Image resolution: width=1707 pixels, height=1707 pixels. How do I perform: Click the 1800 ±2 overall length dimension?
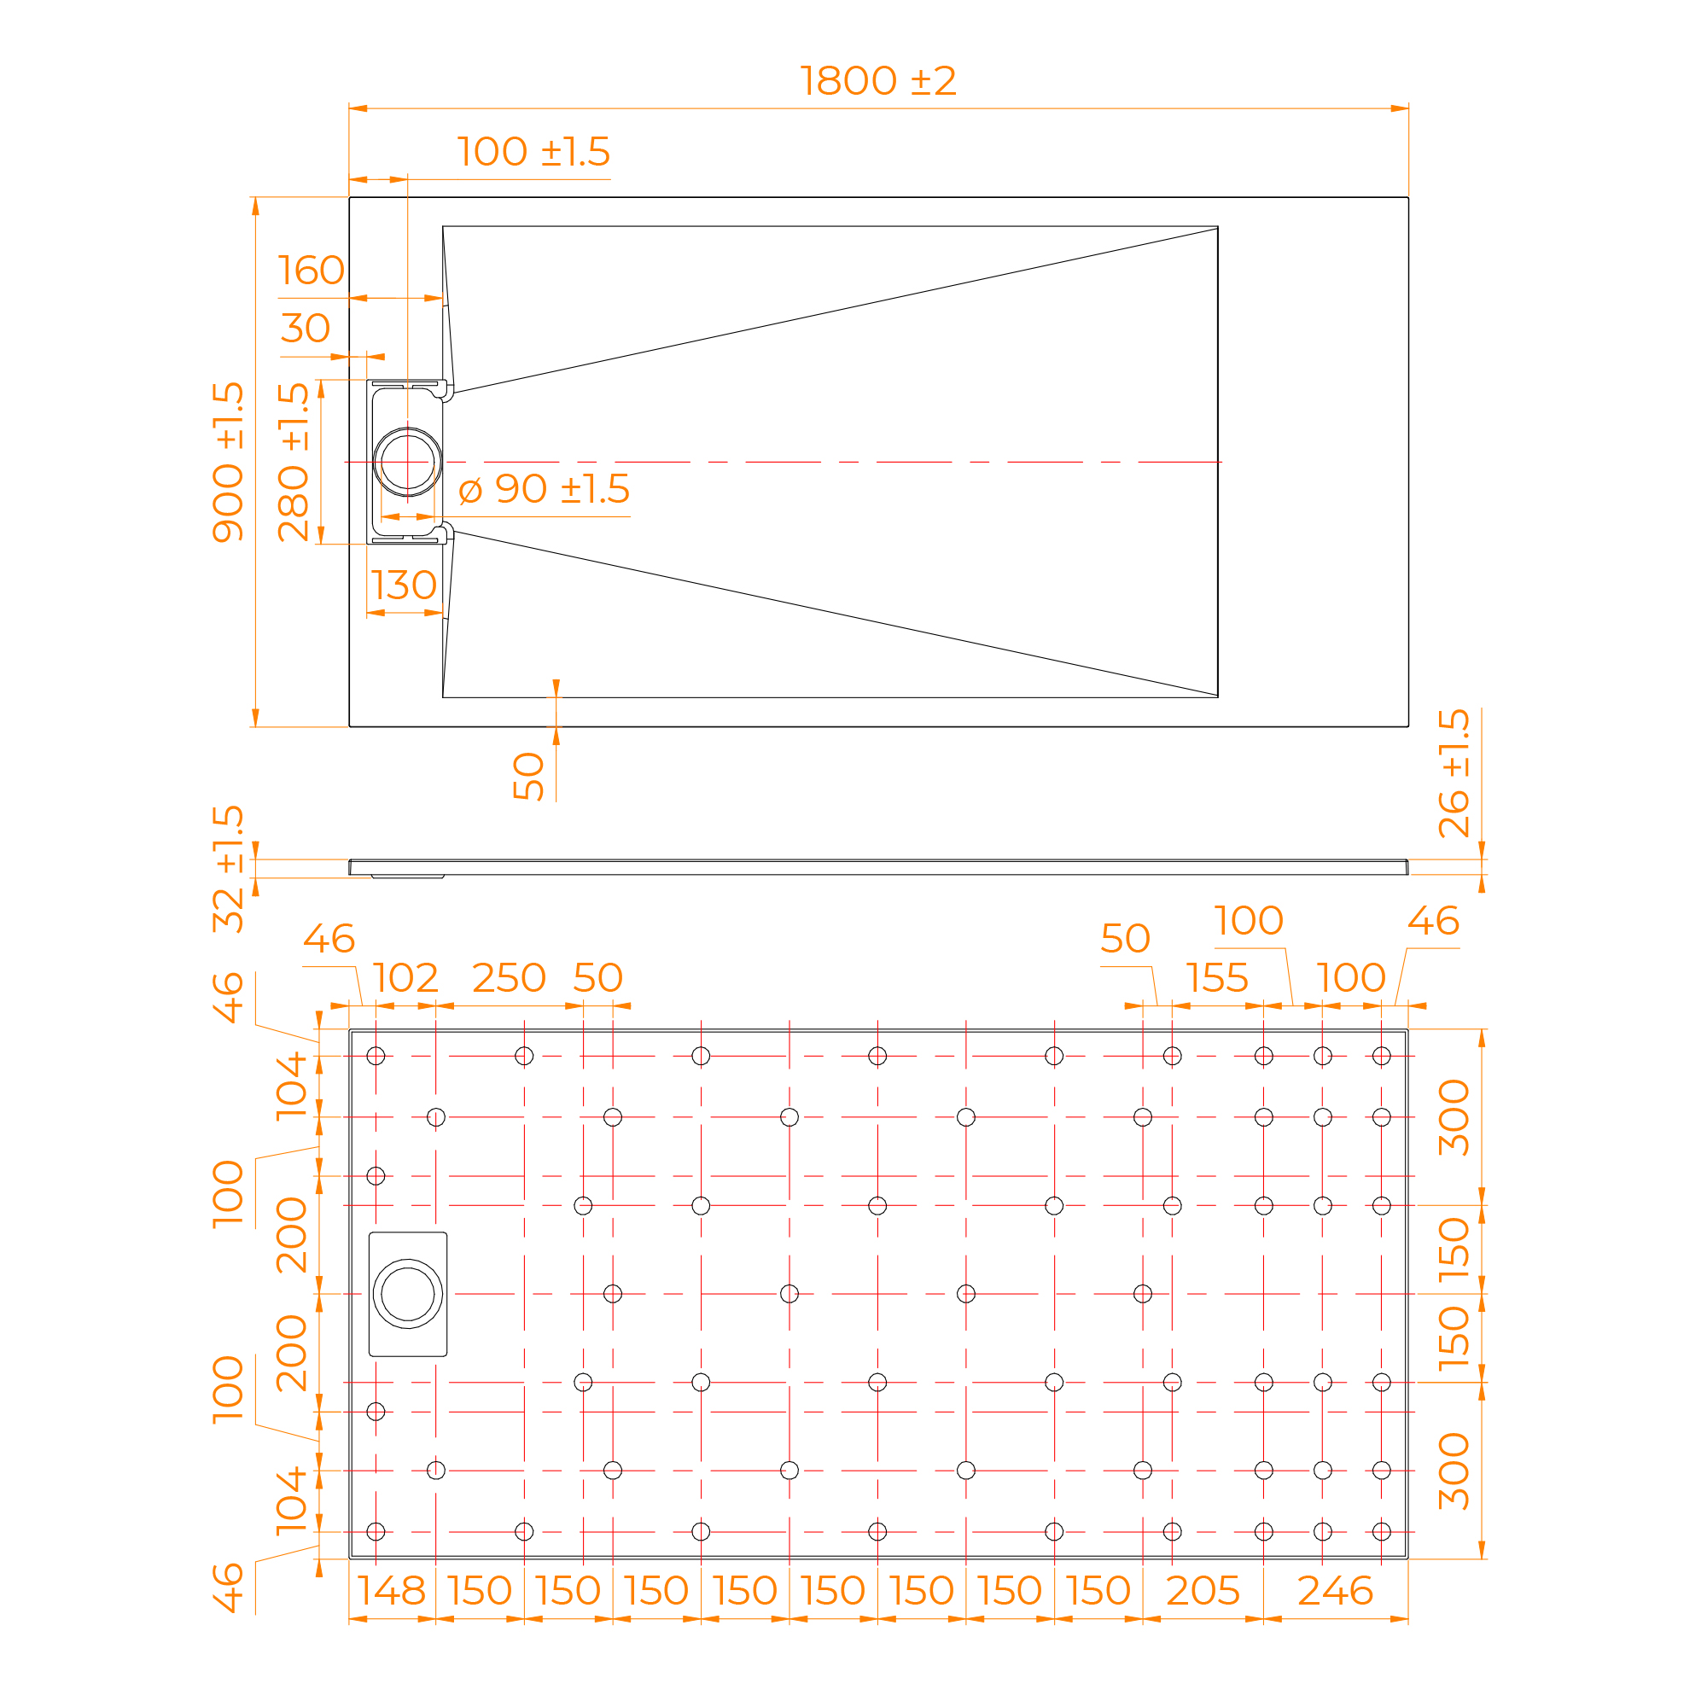point(877,81)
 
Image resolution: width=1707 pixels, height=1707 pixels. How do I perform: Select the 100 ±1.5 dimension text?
point(533,152)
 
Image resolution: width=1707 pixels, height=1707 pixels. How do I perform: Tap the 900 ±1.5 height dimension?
point(228,462)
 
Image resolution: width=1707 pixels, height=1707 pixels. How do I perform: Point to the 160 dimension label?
point(311,271)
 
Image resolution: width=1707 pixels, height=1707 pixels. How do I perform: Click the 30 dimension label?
point(306,328)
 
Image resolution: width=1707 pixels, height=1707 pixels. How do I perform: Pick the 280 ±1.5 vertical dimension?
point(294,462)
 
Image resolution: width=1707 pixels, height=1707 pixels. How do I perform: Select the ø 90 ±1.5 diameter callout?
point(545,489)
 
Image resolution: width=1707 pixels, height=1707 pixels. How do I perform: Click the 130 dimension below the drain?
point(404,585)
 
